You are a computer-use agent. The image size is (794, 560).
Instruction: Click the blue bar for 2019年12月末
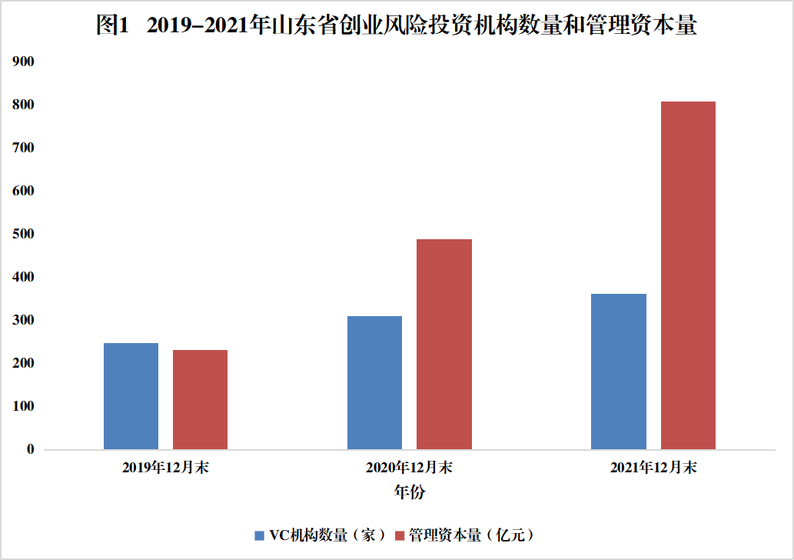tap(131, 396)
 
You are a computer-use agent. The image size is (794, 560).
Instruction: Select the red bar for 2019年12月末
tap(200, 400)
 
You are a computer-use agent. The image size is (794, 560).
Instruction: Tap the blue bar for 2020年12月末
tap(374, 382)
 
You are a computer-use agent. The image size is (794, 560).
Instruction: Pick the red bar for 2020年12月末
tap(444, 344)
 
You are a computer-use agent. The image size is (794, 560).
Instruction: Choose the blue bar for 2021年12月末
tap(619, 372)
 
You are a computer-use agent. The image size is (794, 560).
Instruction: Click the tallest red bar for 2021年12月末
tap(688, 275)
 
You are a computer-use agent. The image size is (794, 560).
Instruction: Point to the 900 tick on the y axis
tap(24, 61)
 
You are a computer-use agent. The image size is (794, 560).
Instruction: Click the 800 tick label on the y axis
tap(24, 104)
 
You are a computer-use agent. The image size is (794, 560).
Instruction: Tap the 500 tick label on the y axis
tap(24, 233)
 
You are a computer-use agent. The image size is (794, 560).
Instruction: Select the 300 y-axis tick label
tap(24, 319)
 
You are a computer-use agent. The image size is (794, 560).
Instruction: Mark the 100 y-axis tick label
tap(24, 405)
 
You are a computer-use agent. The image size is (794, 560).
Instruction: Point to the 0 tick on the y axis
tap(30, 448)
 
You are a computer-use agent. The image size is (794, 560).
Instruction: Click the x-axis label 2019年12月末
tap(165, 468)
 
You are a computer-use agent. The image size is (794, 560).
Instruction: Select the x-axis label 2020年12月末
tap(410, 468)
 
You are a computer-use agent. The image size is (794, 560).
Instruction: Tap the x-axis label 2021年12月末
tap(653, 468)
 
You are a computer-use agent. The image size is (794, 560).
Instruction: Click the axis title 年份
tap(410, 492)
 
